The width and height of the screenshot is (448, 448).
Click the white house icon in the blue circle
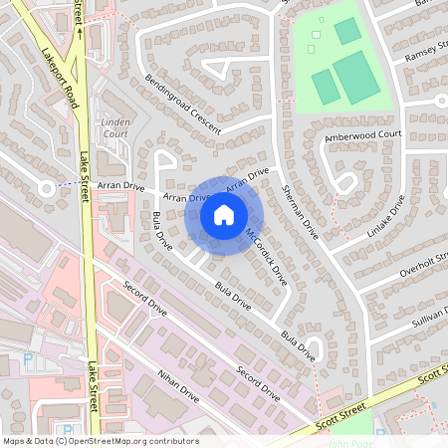click(x=224, y=214)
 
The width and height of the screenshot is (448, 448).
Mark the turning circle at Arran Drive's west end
click(x=45, y=187)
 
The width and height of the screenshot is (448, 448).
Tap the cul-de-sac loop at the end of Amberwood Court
click(x=345, y=181)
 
